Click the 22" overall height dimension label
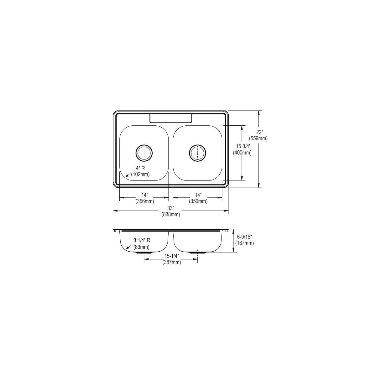click(x=259, y=132)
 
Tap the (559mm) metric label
click(x=258, y=138)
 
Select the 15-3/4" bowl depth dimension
click(x=243, y=146)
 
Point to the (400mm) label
click(x=242, y=153)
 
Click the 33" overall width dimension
click(x=170, y=208)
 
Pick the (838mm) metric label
click(x=171, y=214)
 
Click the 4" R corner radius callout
click(x=140, y=168)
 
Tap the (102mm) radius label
click(x=140, y=174)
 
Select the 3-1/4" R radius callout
click(x=142, y=241)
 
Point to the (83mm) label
click(x=141, y=247)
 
